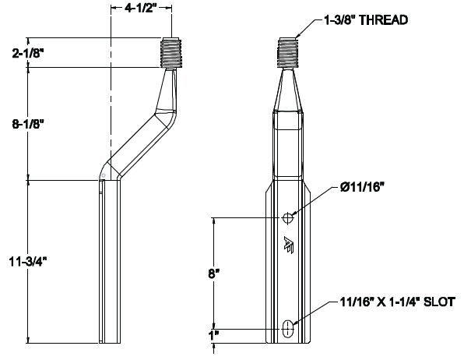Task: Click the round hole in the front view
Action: (289, 217)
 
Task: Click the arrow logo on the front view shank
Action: (289, 245)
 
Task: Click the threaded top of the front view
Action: (289, 51)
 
